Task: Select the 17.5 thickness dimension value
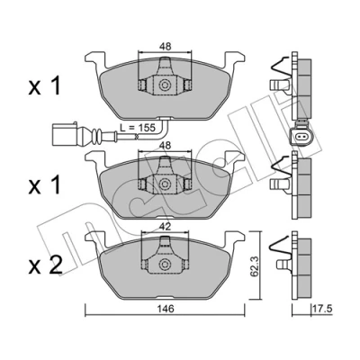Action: (322, 309)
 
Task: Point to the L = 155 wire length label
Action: (137, 128)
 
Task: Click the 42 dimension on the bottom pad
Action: (165, 227)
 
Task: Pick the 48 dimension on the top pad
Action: (165, 47)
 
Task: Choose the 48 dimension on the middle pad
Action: (165, 146)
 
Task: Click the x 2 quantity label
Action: (45, 265)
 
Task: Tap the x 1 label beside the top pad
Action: (45, 86)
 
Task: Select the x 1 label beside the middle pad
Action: (45, 185)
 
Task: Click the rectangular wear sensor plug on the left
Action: (66, 134)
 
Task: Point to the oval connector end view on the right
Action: (302, 137)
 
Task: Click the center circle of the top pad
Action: (165, 85)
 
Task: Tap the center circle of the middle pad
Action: (165, 184)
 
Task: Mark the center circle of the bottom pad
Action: (165, 264)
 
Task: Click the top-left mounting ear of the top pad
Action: (95, 58)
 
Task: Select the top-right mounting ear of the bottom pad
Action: (235, 238)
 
